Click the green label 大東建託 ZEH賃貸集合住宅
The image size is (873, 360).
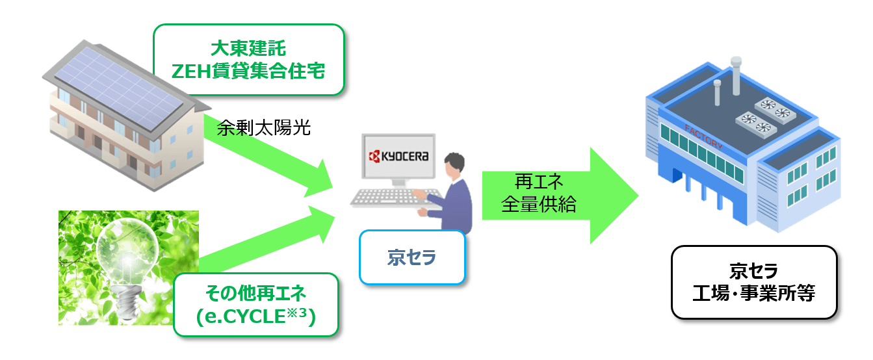249,60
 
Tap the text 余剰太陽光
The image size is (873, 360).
263,128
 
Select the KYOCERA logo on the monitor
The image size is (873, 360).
398,156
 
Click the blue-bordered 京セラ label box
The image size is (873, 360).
412,257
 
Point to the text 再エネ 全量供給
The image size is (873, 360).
539,193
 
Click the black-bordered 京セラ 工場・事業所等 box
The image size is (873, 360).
754,282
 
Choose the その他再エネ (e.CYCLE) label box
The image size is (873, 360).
256,305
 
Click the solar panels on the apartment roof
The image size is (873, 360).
119,89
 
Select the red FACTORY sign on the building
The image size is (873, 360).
703,138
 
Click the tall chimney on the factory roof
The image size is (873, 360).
736,76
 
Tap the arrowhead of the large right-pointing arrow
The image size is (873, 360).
614,196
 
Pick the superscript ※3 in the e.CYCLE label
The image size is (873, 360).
296,313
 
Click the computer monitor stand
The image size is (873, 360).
398,183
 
